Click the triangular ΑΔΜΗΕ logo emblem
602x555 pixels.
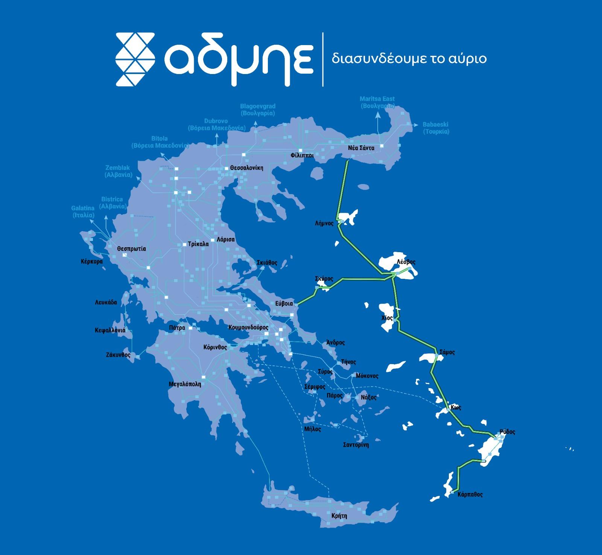[x=135, y=59]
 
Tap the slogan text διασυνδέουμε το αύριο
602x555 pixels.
[x=409, y=59]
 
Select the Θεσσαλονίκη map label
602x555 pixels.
[x=247, y=168]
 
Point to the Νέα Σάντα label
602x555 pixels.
[x=361, y=148]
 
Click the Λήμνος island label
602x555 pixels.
[x=324, y=223]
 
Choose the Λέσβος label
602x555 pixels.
[x=406, y=262]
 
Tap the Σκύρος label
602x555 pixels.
[x=324, y=279]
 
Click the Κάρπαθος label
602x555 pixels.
[x=470, y=495]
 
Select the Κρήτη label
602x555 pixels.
[x=339, y=516]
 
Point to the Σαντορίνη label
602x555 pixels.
[x=356, y=445]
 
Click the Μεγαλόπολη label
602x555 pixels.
[x=185, y=384]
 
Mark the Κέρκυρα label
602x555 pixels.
[x=91, y=261]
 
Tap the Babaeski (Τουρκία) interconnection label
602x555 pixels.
[x=436, y=128]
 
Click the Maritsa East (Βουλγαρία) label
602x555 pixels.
[x=377, y=102]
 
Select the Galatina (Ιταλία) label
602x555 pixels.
[x=83, y=212]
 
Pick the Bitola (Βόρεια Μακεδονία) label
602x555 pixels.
[x=160, y=142]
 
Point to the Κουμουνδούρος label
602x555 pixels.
[x=248, y=328]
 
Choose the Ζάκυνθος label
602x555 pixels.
[x=118, y=355]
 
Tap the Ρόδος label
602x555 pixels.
[x=508, y=432]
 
